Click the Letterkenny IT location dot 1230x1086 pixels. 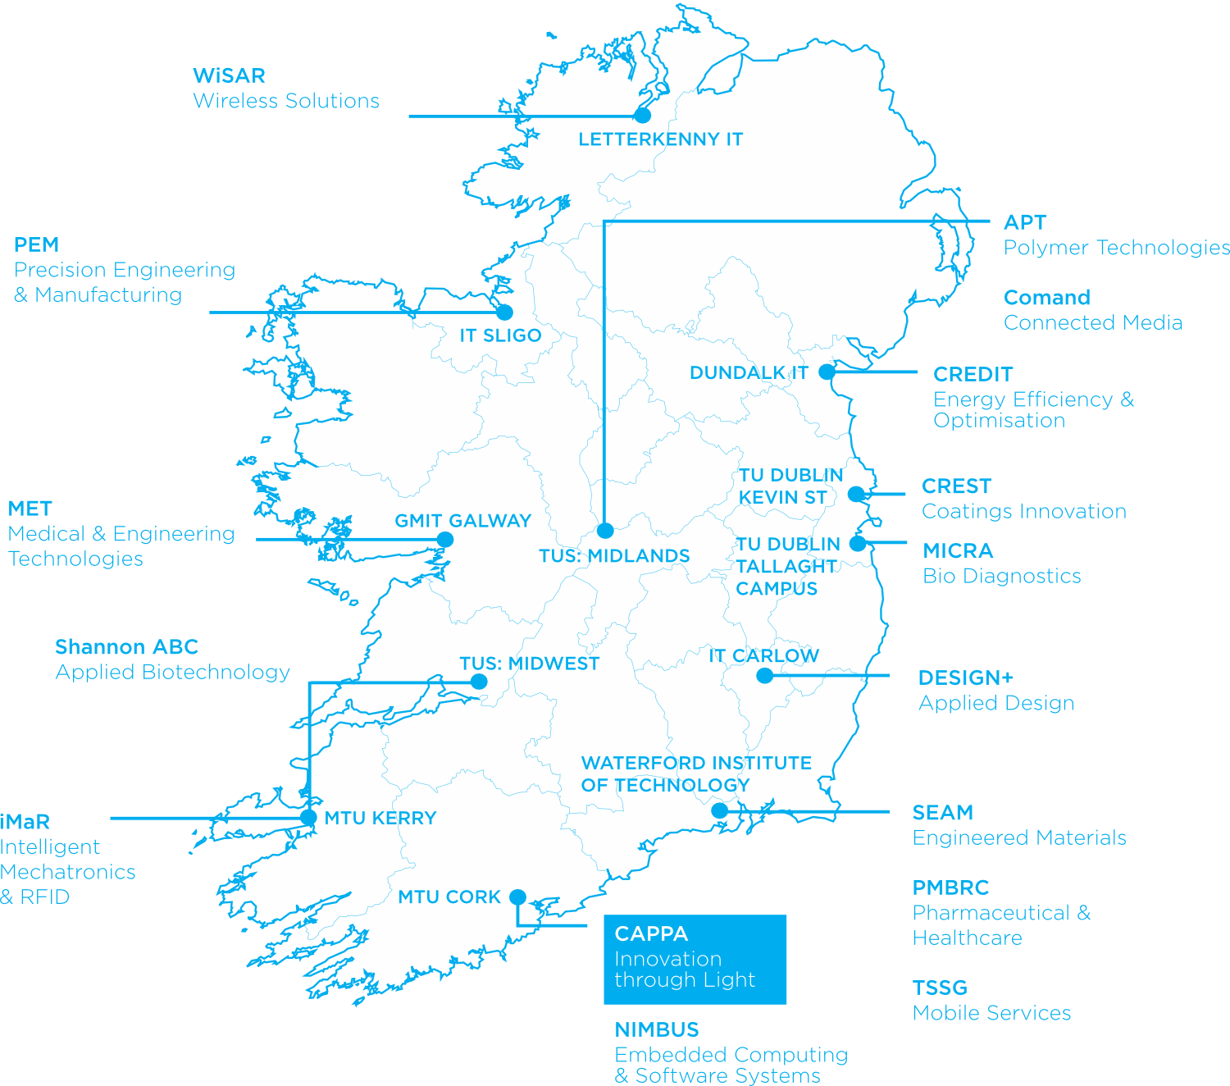click(643, 116)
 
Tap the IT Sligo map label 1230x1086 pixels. click(500, 335)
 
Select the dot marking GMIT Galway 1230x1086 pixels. click(445, 540)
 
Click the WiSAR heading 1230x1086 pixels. click(229, 75)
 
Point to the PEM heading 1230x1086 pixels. click(37, 244)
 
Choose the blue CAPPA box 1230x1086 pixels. click(695, 959)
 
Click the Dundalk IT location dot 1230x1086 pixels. click(827, 372)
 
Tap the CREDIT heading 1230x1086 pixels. click(973, 374)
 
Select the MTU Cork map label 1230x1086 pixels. click(449, 897)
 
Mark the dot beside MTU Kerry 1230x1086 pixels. click(308, 817)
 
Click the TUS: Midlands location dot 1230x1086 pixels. click(605, 530)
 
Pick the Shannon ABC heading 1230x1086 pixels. click(127, 647)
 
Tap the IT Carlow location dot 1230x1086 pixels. click(764, 676)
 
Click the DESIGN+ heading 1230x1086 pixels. click(966, 678)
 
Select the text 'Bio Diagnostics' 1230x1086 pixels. click(1001, 576)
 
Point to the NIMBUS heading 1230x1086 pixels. click(657, 1029)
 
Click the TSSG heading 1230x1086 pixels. click(940, 988)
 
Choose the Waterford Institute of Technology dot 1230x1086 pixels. click(719, 811)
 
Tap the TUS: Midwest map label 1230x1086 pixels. click(529, 664)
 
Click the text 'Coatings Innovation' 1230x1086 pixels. click(1024, 511)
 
